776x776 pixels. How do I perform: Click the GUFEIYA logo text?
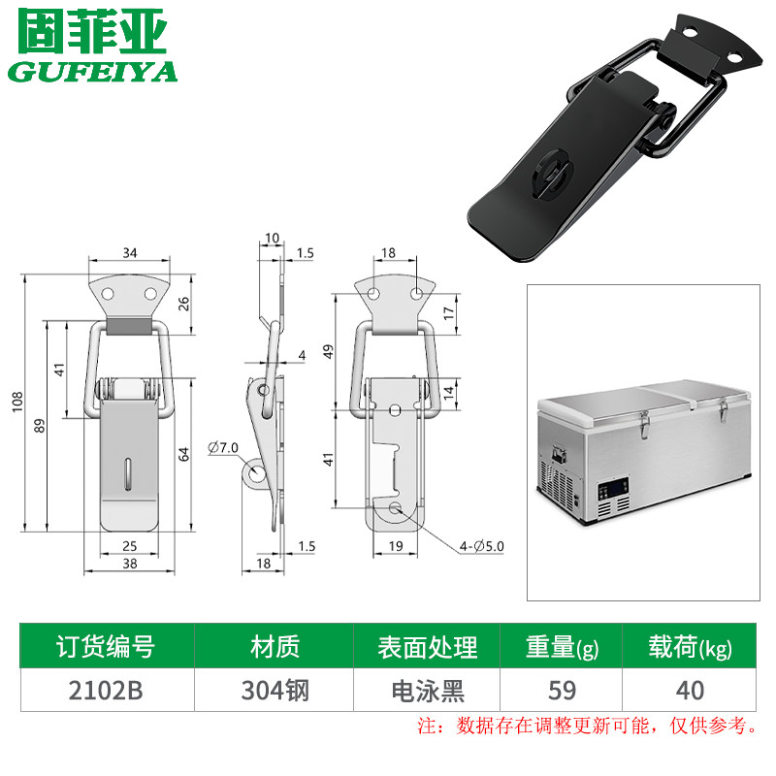(x=92, y=71)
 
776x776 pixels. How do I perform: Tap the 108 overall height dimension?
(x=17, y=402)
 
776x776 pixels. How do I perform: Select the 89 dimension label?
(x=40, y=426)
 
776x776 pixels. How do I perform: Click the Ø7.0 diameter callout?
(x=223, y=448)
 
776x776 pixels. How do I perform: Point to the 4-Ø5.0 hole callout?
(x=481, y=546)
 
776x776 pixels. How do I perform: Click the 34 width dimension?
(x=130, y=253)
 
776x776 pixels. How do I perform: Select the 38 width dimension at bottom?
(x=130, y=564)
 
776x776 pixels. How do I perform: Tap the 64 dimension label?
(x=183, y=454)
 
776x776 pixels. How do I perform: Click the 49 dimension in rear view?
(x=328, y=352)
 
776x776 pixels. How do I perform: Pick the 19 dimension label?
(x=396, y=546)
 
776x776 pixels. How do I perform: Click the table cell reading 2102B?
(x=106, y=691)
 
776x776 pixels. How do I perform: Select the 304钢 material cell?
(x=275, y=691)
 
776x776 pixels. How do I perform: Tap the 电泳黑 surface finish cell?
(x=428, y=691)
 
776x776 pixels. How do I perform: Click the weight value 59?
(x=563, y=691)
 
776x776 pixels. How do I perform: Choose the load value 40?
(x=691, y=691)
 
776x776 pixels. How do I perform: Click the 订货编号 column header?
(x=106, y=646)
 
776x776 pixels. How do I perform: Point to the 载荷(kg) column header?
(x=691, y=647)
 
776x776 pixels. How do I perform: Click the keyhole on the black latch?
(x=550, y=176)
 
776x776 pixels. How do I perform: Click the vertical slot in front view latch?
(x=128, y=474)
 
